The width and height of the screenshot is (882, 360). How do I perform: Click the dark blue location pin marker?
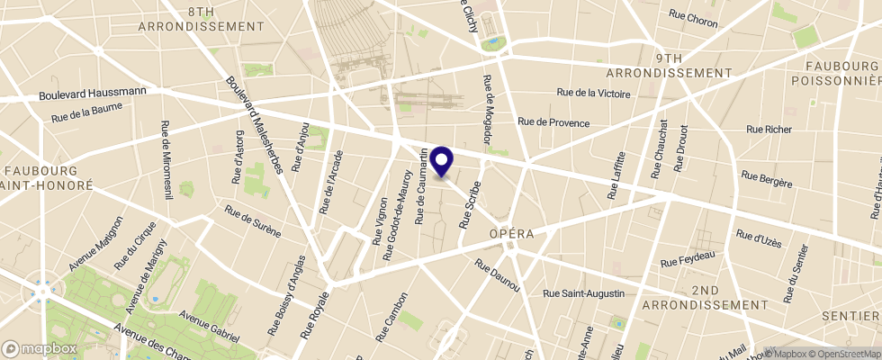pyautogui.click(x=442, y=160)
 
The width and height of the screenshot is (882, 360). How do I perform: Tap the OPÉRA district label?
pyautogui.click(x=512, y=233)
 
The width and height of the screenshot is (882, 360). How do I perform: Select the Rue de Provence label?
pyautogui.click(x=553, y=122)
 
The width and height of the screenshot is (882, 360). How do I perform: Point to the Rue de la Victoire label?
pyautogui.click(x=594, y=92)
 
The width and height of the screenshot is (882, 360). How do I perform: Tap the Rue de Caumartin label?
pyautogui.click(x=421, y=188)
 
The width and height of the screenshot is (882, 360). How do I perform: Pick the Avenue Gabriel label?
pyautogui.click(x=208, y=328)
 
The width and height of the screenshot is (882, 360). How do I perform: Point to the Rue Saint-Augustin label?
pyautogui.click(x=589, y=292)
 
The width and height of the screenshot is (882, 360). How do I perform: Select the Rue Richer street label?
pyautogui.click(x=766, y=129)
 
